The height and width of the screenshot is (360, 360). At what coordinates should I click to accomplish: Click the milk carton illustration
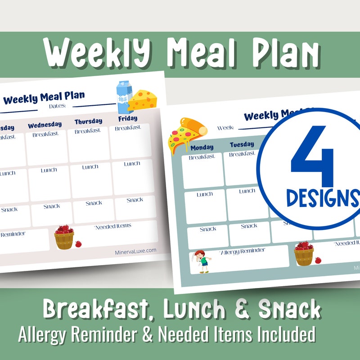(x=124, y=96)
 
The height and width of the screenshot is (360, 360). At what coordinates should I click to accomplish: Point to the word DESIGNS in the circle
(x=322, y=198)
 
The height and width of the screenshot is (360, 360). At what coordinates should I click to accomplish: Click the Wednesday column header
(x=45, y=124)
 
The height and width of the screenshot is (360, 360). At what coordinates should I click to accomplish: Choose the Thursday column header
(x=88, y=121)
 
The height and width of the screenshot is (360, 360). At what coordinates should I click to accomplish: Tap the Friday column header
(x=128, y=119)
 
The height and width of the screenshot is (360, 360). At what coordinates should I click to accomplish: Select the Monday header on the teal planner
(x=202, y=147)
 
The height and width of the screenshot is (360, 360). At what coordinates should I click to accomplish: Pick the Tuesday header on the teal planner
(x=242, y=144)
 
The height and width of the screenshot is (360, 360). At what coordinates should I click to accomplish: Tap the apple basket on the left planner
(x=64, y=237)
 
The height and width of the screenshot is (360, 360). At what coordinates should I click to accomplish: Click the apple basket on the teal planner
(x=304, y=253)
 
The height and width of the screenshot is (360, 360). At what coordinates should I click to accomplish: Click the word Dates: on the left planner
(x=57, y=106)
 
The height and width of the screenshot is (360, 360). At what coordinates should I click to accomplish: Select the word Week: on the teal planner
(x=225, y=128)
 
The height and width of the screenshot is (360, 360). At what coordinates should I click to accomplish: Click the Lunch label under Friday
(x=132, y=164)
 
